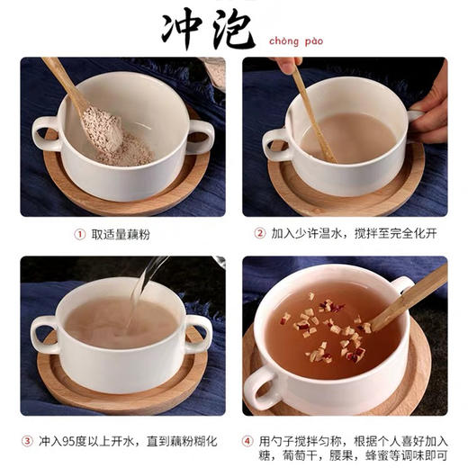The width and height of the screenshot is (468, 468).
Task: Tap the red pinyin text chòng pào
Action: [x=296, y=40]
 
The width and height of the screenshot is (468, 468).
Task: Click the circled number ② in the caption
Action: [x=259, y=234]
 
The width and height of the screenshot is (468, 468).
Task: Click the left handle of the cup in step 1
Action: [x=45, y=133]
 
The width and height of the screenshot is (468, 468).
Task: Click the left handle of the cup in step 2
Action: [x=274, y=144]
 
